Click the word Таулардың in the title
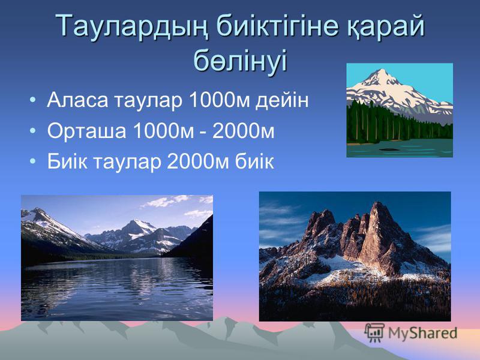tap(131, 26)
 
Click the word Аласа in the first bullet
tap(77, 100)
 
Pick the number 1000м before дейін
tap(220, 100)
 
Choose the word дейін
tap(282, 100)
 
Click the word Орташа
tap(86, 131)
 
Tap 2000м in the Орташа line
tap(243, 131)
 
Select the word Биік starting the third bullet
tap(67, 161)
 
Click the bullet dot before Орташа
tap(33, 131)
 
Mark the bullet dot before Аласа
tap(33, 100)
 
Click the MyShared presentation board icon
tap(374, 333)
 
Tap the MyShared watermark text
tap(422, 333)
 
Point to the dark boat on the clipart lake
tap(389, 149)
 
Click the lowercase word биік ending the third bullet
tap(254, 161)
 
